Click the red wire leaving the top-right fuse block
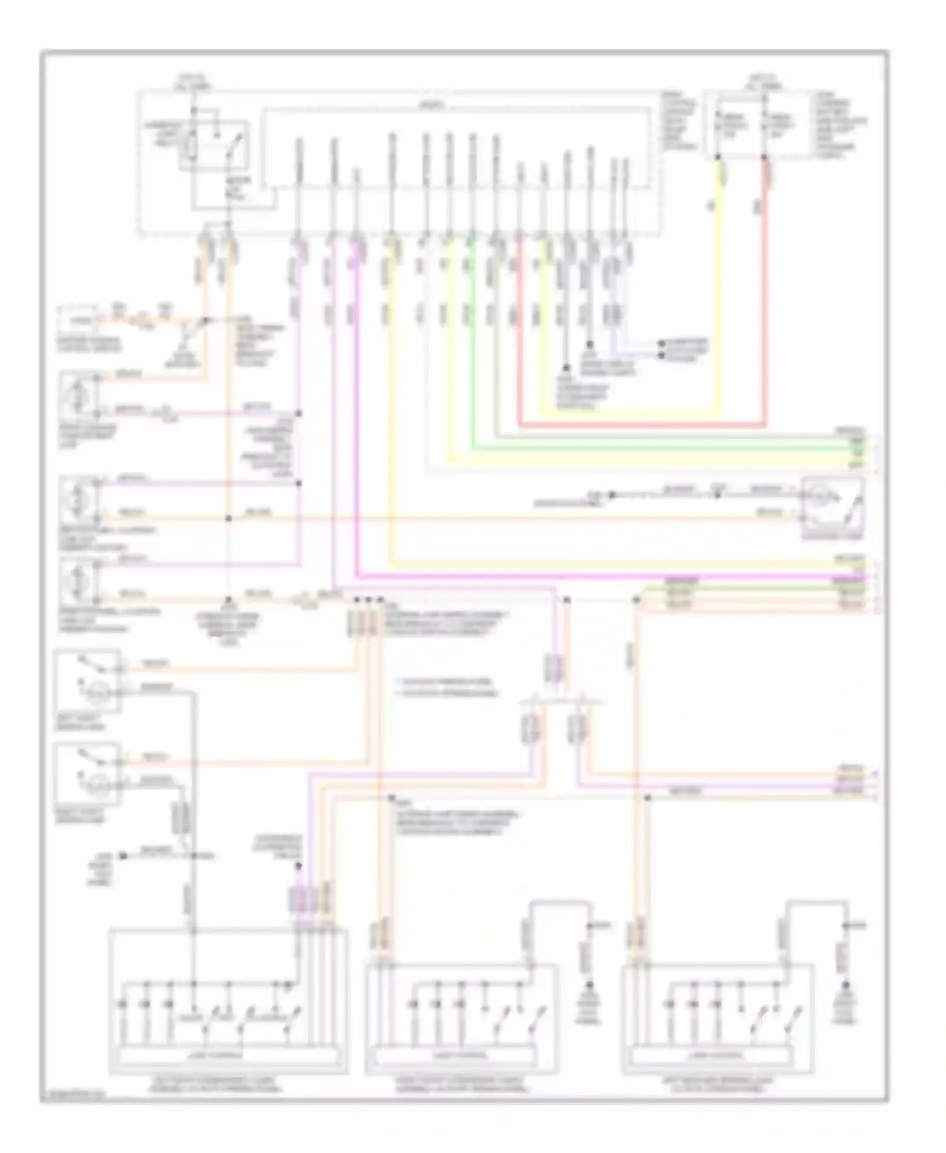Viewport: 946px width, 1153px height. click(766, 303)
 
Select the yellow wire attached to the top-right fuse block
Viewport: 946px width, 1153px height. click(719, 303)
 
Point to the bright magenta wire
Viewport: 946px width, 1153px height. click(357, 442)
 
